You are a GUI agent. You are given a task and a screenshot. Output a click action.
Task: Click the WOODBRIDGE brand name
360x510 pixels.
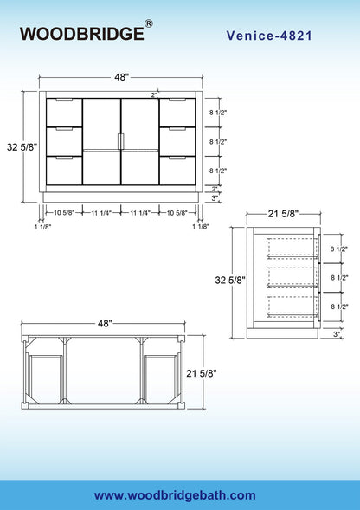[81, 34]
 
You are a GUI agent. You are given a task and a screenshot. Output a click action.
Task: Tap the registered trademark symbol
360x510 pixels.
[148, 23]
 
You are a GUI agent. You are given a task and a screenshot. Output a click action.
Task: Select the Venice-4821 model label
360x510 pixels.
[269, 36]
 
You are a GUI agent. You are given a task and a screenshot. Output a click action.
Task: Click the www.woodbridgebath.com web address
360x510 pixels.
[175, 495]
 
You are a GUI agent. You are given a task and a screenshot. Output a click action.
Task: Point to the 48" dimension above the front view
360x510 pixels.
[122, 77]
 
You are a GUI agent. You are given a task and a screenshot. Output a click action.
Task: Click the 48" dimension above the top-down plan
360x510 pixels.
[105, 323]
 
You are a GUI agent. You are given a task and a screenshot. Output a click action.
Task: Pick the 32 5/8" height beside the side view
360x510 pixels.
[230, 280]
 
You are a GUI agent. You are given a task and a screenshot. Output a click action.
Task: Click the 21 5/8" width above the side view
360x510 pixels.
[283, 214]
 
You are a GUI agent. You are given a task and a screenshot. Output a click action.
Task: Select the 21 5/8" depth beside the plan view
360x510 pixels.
[202, 373]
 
